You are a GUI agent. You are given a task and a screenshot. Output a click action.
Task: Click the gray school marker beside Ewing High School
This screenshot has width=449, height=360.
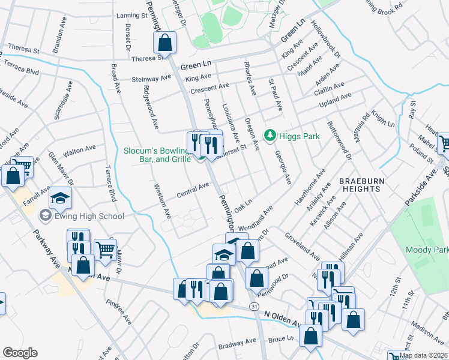pyautogui.click(x=45, y=215)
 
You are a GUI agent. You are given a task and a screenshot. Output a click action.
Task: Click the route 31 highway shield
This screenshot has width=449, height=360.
pyautogui.click(x=255, y=307)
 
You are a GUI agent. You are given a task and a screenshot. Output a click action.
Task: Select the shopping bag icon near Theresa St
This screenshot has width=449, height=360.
pyautogui.click(x=164, y=44)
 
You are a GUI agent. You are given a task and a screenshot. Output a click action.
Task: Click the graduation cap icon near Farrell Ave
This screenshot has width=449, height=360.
pyautogui.click(x=60, y=198)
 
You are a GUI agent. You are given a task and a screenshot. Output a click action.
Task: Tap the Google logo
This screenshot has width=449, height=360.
pyautogui.click(x=20, y=353)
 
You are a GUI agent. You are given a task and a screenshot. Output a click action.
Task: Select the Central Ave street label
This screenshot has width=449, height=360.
pyautogui.click(x=193, y=191)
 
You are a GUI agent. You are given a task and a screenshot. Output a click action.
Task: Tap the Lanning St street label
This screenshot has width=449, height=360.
pyautogui.click(x=132, y=17)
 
